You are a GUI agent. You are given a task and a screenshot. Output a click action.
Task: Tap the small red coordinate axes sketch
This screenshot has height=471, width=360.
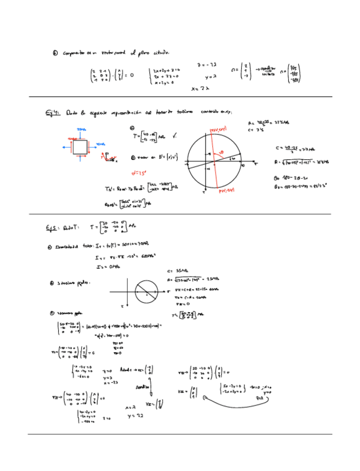coord(105,158)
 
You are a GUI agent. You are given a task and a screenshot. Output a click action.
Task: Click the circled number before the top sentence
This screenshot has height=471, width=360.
coord(55,53)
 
